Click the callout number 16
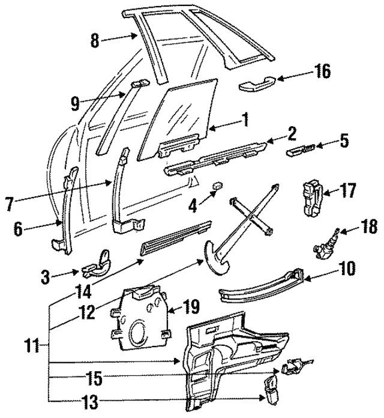tap(322, 71)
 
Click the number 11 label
tap(38, 347)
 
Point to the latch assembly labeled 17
tap(314, 197)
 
